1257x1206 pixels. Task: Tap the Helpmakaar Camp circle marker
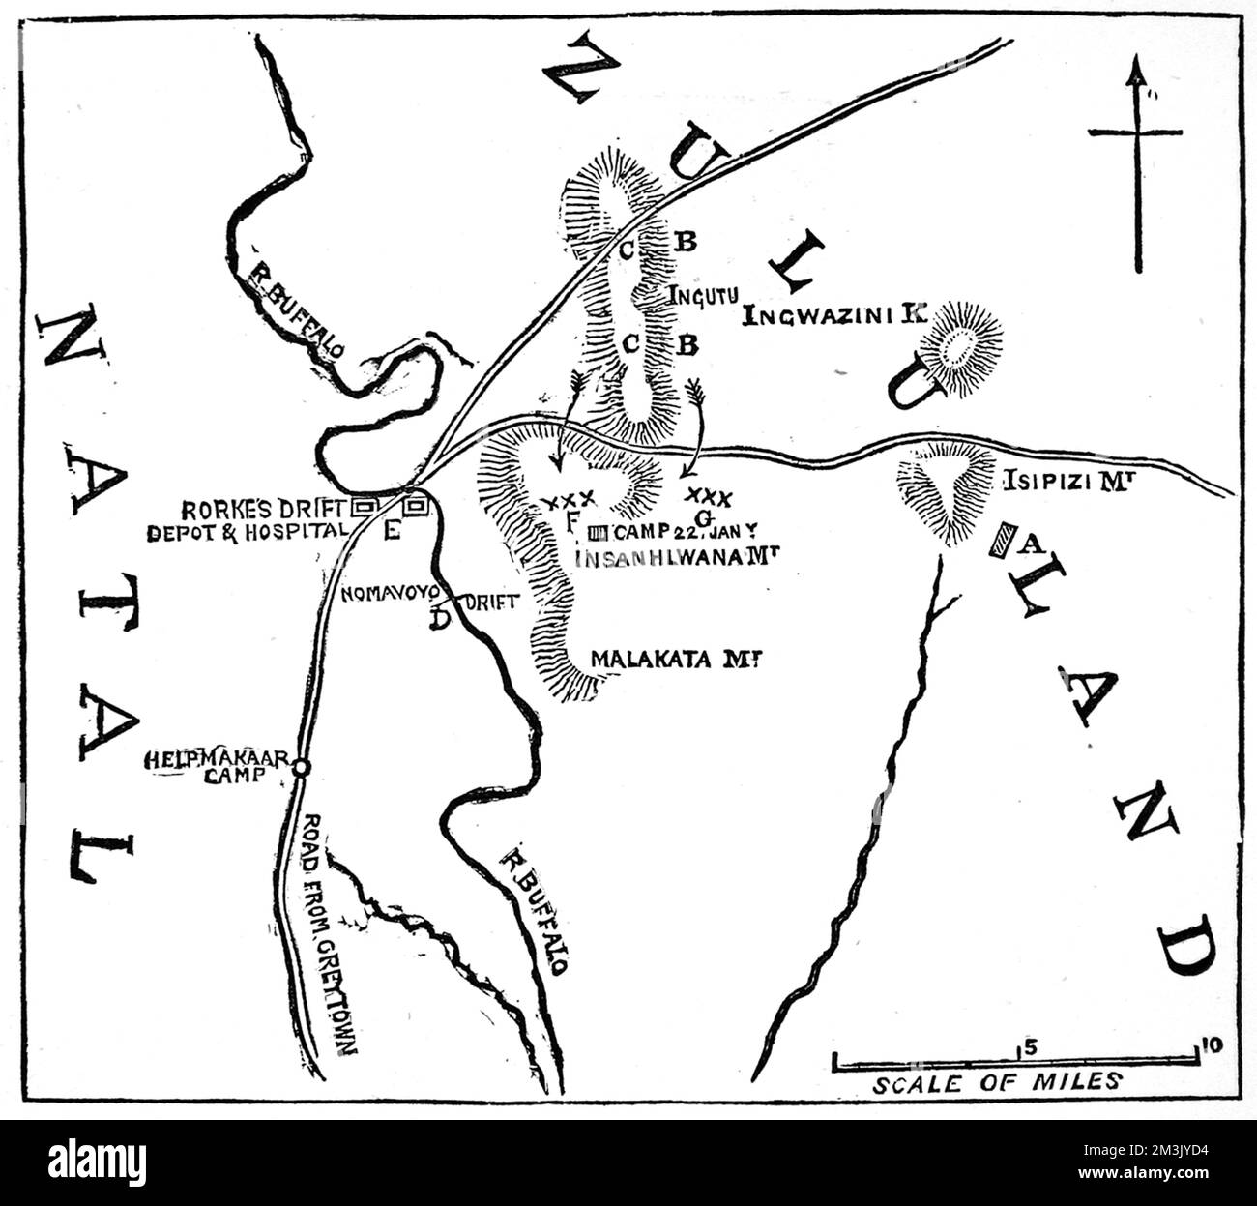pos(301,767)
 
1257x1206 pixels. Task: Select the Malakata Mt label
pos(672,660)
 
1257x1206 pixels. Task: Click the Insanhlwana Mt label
pos(677,555)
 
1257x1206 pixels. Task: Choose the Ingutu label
pos(697,296)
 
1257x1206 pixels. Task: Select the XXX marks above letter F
pos(567,500)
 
